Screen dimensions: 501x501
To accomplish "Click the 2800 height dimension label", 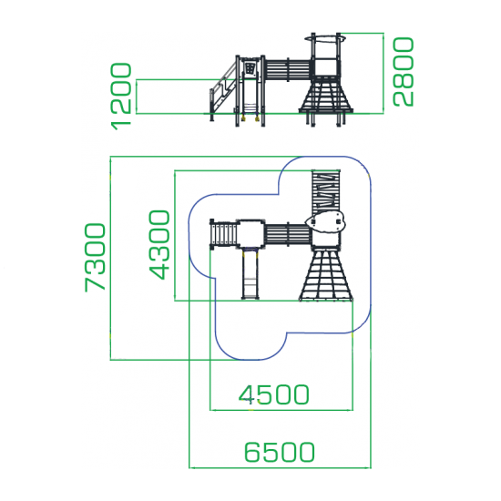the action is coord(404,72).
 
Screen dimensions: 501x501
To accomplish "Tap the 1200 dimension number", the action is coord(121,97).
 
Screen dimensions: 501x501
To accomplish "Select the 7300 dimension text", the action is coord(95,258).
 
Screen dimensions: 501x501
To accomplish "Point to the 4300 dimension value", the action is coord(159,245).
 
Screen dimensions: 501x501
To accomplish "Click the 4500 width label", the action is coord(274,394).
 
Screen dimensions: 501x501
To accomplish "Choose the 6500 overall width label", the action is coord(280,452).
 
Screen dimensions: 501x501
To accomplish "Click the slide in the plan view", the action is coord(250,273).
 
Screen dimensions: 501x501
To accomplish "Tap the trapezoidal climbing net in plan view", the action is coord(326,275).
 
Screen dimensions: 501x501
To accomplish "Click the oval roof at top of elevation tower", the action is coord(326,39).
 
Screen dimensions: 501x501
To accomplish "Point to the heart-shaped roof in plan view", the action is coord(325,221).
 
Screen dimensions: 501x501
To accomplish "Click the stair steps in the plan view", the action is coord(224,235).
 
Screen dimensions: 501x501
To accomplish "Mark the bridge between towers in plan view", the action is coord(288,235).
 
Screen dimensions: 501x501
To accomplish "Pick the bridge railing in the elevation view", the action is coord(288,69).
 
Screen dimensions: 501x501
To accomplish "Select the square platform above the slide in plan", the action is coord(250,233).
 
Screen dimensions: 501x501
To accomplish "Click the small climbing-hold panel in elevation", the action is coord(250,68).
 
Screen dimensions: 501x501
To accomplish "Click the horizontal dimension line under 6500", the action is coord(280,468).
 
